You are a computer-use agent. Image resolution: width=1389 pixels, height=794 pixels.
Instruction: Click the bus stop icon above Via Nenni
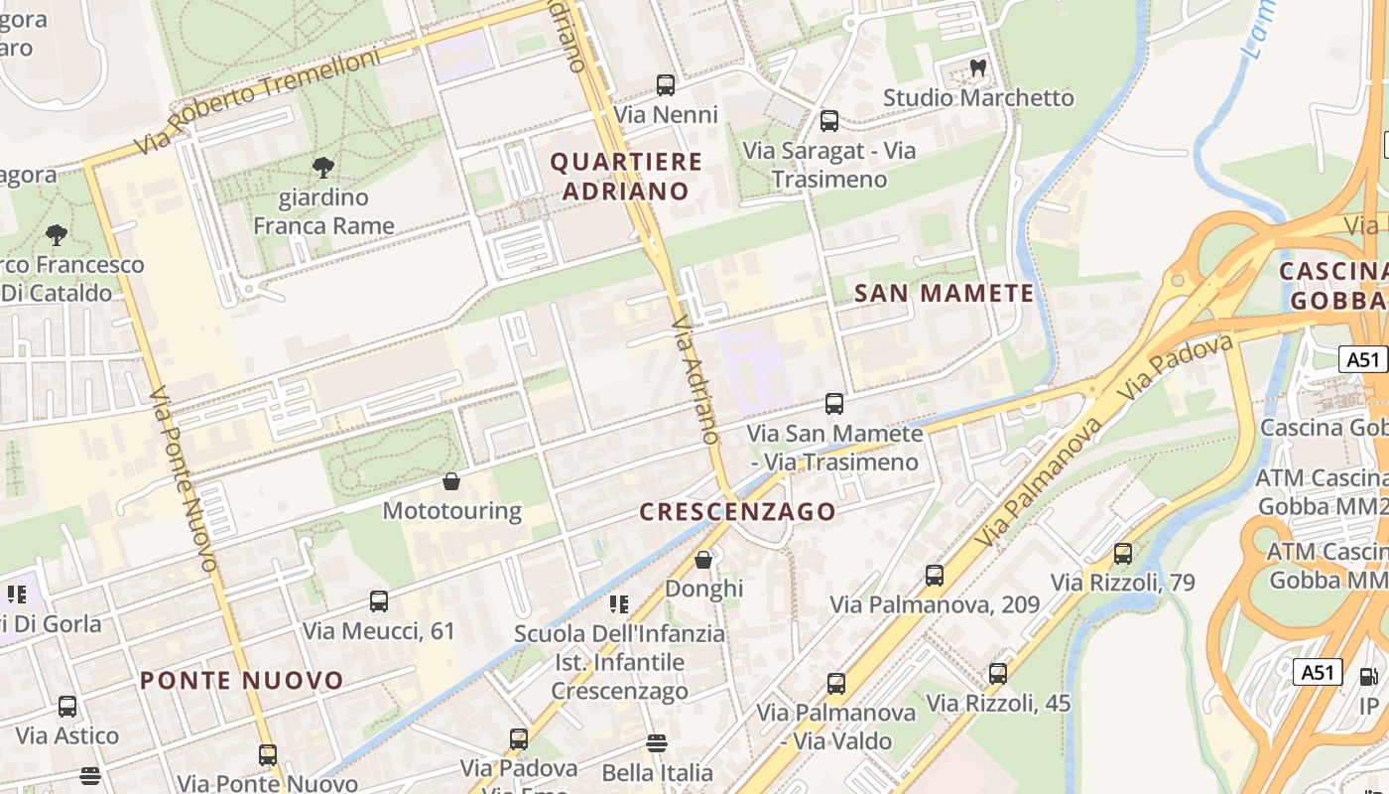(x=666, y=85)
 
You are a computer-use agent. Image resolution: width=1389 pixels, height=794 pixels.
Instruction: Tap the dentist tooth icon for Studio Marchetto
(x=977, y=68)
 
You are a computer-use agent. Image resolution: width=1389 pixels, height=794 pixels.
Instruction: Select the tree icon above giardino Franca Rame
(x=322, y=168)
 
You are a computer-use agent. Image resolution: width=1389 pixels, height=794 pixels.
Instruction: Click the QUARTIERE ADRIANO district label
(x=626, y=176)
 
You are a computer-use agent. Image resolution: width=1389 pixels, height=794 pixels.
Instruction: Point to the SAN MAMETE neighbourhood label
(x=944, y=293)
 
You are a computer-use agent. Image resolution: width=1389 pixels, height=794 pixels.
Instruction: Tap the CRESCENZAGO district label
(x=737, y=511)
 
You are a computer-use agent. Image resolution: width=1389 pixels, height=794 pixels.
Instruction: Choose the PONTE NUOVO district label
(x=241, y=680)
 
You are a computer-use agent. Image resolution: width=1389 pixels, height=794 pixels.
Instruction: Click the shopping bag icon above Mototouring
(x=451, y=481)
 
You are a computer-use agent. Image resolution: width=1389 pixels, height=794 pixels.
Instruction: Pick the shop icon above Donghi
(x=703, y=560)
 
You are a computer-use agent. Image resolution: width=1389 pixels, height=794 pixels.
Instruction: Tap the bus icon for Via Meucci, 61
(x=379, y=600)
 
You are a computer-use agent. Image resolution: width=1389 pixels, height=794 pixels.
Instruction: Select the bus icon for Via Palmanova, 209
(x=935, y=575)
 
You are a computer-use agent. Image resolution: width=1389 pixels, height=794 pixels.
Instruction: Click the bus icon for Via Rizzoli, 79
(x=1123, y=553)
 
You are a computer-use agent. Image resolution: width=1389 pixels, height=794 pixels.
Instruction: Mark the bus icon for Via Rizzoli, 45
(x=998, y=674)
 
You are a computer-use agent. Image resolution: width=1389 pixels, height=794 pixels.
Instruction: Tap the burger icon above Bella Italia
(x=656, y=742)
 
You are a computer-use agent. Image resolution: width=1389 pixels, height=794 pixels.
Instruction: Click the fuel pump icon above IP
(x=1368, y=677)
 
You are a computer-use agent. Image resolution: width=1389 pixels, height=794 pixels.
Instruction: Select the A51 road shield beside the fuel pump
(x=1318, y=672)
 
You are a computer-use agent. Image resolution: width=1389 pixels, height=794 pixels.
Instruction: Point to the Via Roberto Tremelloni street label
(x=257, y=102)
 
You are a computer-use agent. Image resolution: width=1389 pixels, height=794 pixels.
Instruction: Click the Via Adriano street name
(x=694, y=380)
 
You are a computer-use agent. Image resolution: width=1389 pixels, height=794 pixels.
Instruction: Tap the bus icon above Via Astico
(x=67, y=707)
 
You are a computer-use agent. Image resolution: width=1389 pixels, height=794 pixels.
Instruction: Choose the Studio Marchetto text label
(x=977, y=97)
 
